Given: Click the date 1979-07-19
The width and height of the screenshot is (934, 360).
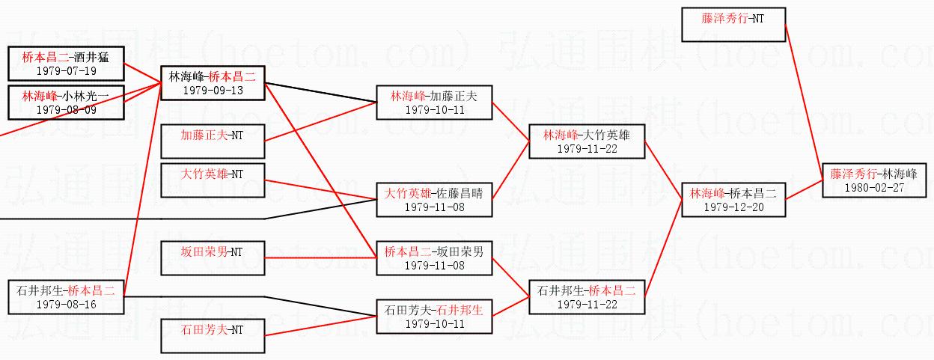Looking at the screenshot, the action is click(67, 71).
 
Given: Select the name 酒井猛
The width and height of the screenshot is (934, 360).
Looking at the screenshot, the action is click(91, 57).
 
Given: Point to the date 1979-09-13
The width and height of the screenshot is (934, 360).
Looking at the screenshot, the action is click(213, 91).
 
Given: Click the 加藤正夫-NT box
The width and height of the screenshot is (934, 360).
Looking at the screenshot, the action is click(213, 141).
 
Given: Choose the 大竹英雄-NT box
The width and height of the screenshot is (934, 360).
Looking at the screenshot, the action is click(213, 180).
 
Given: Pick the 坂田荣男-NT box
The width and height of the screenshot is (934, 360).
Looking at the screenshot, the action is click(213, 258).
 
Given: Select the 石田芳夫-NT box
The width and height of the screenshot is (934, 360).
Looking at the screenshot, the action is click(213, 336).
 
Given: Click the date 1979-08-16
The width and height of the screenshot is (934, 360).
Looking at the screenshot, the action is click(67, 305).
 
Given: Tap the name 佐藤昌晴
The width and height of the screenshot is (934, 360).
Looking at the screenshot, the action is click(460, 194).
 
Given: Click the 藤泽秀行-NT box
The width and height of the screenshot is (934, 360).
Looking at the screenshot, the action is click(734, 25).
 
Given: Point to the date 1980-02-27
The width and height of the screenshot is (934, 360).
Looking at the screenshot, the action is click(874, 188).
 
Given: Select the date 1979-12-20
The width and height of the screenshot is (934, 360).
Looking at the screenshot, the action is click(734, 207).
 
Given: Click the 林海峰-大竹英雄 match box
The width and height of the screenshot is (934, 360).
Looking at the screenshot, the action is click(587, 141).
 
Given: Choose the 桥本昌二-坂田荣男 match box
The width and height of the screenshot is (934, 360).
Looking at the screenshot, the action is click(434, 258).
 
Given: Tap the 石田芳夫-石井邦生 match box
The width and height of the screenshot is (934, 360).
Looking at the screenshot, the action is click(434, 317).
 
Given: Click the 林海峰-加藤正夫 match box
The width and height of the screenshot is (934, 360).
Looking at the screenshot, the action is click(434, 103).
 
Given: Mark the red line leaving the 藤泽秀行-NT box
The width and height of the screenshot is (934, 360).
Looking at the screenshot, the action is click(805, 103).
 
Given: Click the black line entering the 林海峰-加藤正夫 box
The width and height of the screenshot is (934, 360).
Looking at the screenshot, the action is click(320, 93).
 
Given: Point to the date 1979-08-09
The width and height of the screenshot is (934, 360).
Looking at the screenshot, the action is click(67, 110).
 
